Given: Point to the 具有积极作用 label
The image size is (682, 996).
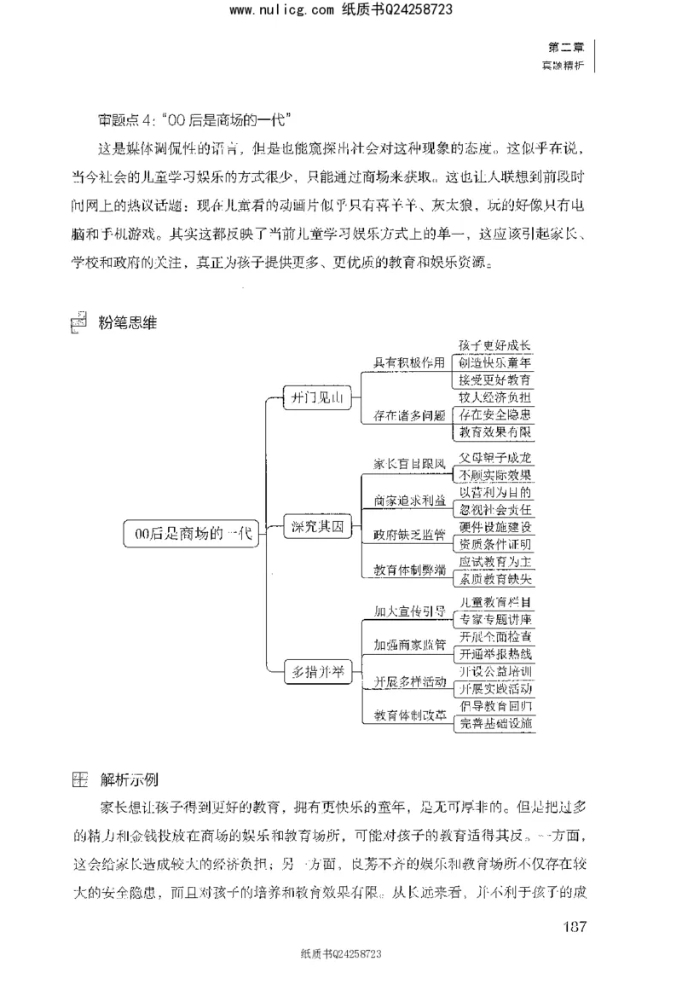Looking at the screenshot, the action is [x=410, y=362].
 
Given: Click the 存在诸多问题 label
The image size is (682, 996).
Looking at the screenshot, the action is [x=410, y=416].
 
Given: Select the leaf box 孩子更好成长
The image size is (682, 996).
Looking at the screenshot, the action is [x=495, y=345].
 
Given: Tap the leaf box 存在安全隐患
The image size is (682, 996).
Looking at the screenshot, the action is [x=495, y=414].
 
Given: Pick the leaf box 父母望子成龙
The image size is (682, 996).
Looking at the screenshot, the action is [x=495, y=458].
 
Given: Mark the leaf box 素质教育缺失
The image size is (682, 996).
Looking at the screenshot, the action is [x=495, y=578].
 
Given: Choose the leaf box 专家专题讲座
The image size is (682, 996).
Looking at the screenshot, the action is [x=495, y=619].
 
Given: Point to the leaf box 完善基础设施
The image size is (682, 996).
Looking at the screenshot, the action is [x=495, y=723].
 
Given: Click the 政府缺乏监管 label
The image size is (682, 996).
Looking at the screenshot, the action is [x=410, y=536].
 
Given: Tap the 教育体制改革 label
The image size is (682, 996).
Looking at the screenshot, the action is [x=410, y=715].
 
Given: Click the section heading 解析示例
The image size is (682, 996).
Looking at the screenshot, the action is [x=128, y=779].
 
